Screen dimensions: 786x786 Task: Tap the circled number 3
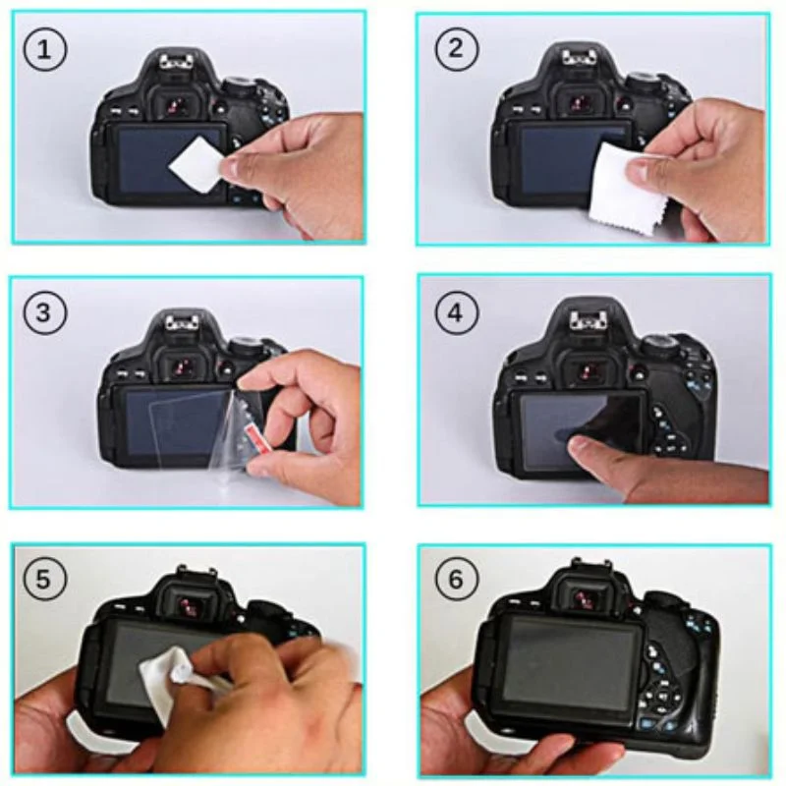(44, 313)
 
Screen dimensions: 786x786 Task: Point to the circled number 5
(44, 580)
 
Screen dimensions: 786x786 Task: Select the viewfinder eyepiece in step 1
(181, 106)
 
